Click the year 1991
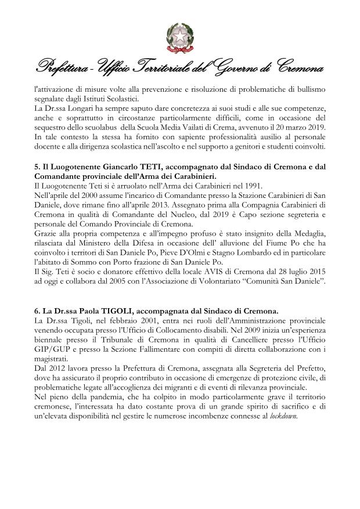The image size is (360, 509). pyautogui.click(x=242, y=185)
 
